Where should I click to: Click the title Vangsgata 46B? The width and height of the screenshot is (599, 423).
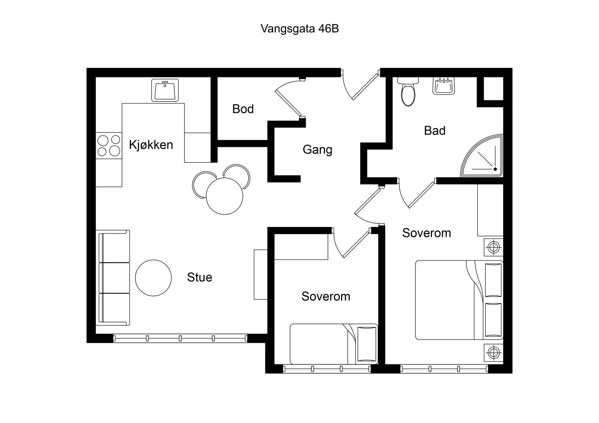(x=299, y=29)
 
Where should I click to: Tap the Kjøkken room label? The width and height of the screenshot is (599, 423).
(x=151, y=145)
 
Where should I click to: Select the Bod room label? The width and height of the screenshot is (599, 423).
(x=243, y=109)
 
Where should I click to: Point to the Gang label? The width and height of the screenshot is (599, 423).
(x=317, y=150)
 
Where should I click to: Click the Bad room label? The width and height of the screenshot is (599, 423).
(x=435, y=131)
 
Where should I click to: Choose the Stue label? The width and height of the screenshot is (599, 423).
(x=200, y=277)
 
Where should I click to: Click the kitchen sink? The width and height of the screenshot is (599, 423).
(x=165, y=90)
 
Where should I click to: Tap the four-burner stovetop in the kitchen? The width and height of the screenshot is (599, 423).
(x=109, y=145)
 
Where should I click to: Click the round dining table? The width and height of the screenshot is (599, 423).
(x=225, y=196)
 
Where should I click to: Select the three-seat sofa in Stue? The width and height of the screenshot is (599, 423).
(x=114, y=278)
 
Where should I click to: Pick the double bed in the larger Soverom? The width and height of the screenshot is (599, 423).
(x=459, y=300)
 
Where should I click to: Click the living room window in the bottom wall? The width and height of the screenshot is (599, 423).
(x=180, y=338)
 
